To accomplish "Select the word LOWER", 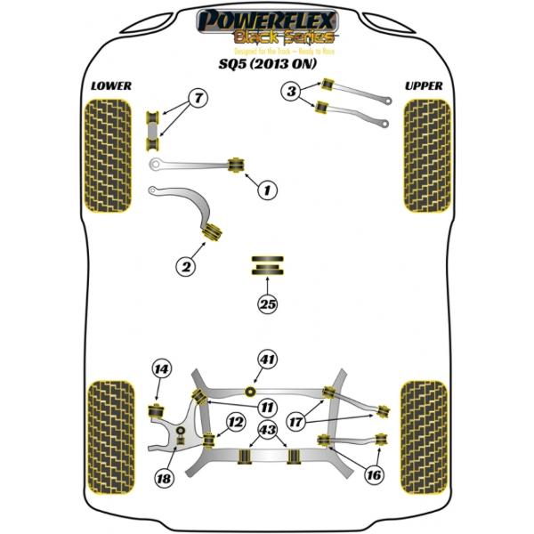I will [x=110, y=85].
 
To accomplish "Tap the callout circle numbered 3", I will [x=291, y=90].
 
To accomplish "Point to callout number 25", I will [x=267, y=303].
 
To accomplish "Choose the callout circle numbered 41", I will [x=266, y=360].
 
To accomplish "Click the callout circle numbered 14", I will [x=160, y=368].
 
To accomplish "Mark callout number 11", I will [x=265, y=408].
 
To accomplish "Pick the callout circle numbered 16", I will [x=374, y=475].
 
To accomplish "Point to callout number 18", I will [x=163, y=479].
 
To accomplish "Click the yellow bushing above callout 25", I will [x=267, y=264].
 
